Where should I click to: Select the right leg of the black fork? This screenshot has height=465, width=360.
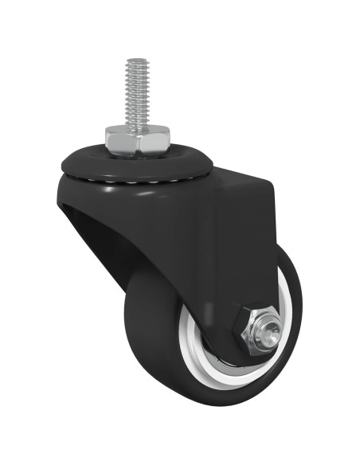pyautogui.click(x=247, y=263)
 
